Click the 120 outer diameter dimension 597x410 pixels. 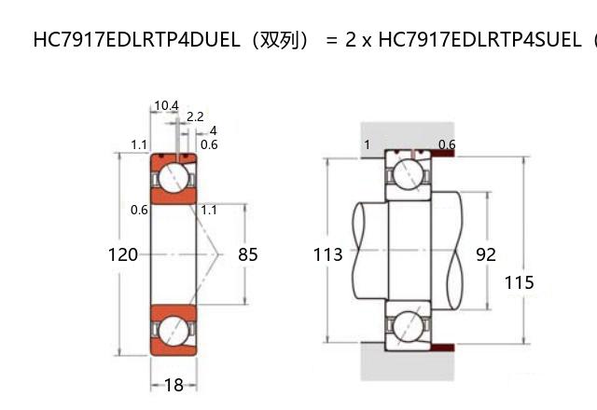[123, 254]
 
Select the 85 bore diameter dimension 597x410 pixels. [247, 254]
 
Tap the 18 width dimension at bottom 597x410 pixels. [174, 384]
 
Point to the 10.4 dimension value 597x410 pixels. [166, 105]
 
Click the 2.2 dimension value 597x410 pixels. [196, 117]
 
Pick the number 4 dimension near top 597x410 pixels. [213, 130]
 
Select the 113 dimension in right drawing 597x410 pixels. [327, 254]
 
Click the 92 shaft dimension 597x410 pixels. [486, 254]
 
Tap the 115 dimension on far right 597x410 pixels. [520, 282]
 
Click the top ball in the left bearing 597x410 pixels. [173, 176]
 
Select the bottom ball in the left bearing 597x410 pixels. [173, 332]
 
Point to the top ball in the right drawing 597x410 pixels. [409, 172]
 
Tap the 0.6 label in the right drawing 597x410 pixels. [447, 144]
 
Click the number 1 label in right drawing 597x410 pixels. [367, 144]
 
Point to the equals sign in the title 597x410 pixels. [331, 40]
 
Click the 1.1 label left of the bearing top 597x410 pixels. [139, 144]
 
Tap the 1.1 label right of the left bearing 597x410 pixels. [209, 210]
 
